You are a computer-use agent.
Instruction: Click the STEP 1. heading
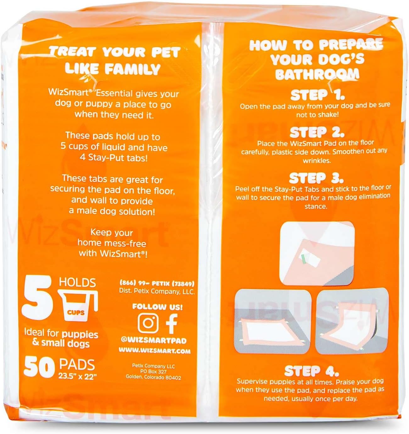coord(317,94)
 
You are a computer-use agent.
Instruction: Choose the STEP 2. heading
coord(317,132)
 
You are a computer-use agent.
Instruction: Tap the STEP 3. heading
coord(316,178)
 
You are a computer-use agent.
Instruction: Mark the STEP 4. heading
coord(311,371)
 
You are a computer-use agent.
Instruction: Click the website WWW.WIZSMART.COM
coord(154,351)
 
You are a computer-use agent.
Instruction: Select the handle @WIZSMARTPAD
coord(154,340)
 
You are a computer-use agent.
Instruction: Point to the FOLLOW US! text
coord(157,307)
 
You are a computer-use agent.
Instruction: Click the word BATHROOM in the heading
coord(317,74)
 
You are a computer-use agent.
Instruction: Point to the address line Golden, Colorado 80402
coord(153,377)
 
